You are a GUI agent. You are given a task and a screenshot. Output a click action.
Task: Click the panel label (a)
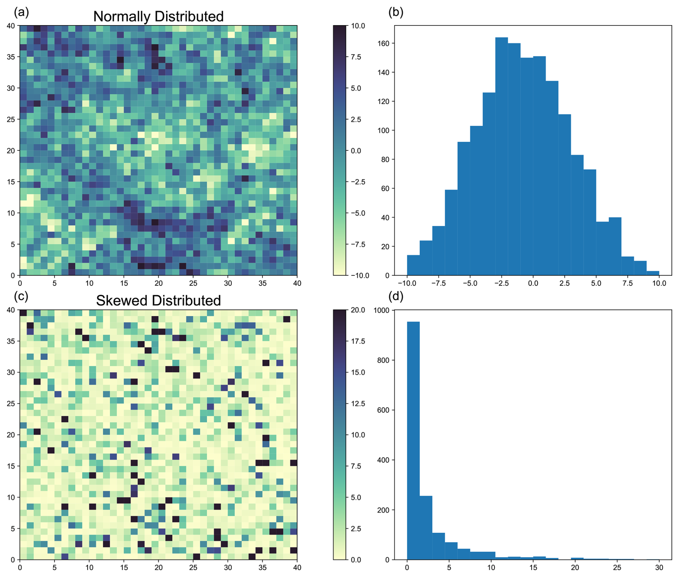(21, 12)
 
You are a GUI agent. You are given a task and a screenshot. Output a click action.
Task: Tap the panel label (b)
(396, 12)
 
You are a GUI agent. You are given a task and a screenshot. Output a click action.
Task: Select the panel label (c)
(21, 296)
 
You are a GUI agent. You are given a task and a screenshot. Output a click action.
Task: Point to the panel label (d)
(396, 296)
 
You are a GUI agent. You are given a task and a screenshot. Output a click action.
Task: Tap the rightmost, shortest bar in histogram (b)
(653, 273)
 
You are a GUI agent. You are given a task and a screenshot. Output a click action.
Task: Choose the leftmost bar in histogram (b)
(413, 265)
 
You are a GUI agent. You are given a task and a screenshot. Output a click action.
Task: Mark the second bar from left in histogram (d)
(426, 527)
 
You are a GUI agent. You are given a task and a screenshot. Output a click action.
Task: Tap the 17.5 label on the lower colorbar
(357, 341)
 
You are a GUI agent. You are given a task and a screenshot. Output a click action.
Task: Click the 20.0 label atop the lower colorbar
(357, 310)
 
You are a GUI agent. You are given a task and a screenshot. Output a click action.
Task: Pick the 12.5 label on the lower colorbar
(357, 404)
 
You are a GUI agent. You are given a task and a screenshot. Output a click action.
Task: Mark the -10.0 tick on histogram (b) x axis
(407, 283)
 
